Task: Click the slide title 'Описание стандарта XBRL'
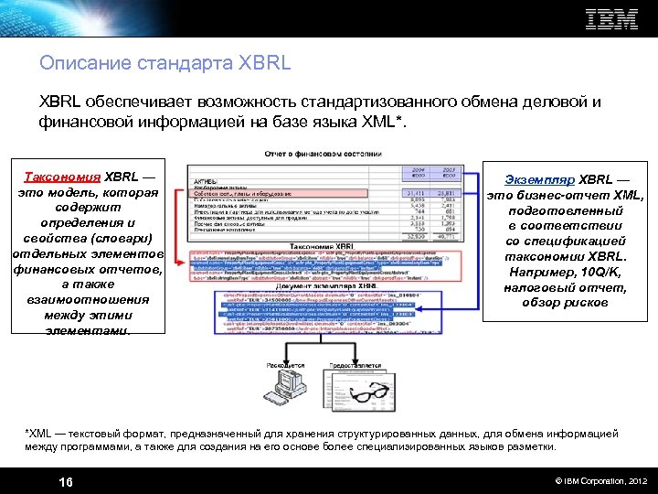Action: click(164, 64)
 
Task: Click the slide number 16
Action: click(66, 481)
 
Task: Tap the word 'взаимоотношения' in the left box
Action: click(88, 300)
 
